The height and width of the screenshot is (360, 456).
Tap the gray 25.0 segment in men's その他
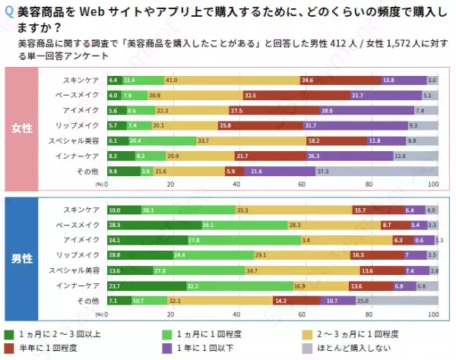397,301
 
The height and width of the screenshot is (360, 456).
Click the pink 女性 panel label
21,128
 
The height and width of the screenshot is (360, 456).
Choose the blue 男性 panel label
21,258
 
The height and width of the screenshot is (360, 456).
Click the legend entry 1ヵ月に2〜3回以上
53,334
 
